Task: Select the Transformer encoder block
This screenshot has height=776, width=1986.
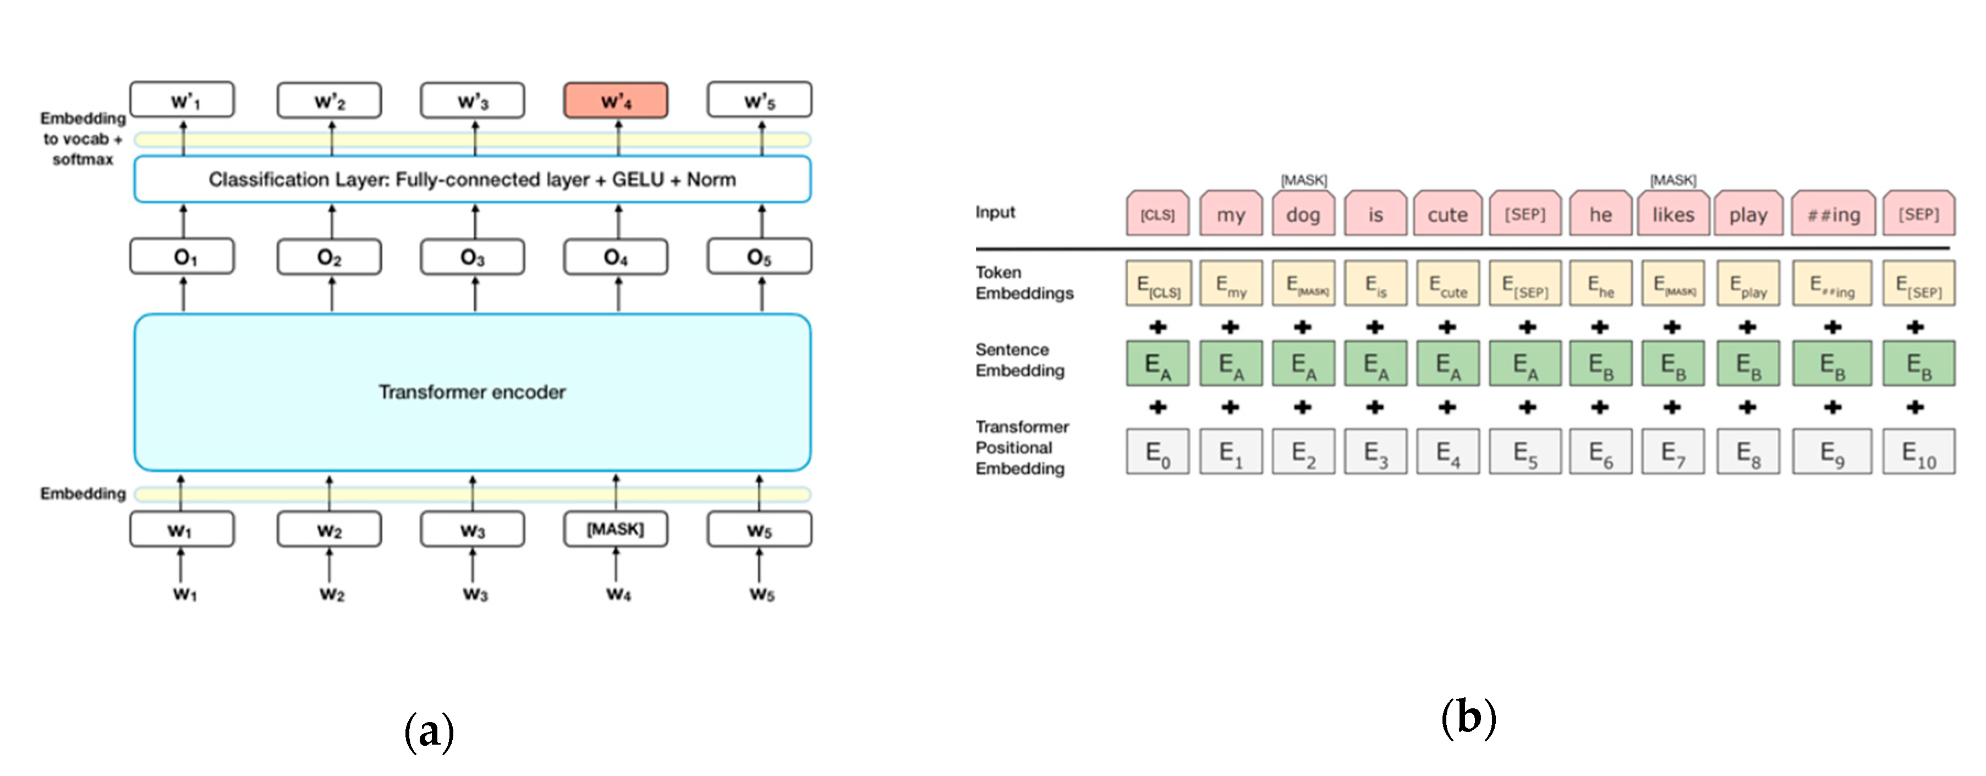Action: [x=472, y=392]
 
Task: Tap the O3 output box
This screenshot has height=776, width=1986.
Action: [x=472, y=257]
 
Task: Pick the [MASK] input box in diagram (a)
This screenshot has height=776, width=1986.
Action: [x=615, y=529]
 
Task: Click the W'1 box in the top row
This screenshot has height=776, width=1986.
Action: [x=183, y=100]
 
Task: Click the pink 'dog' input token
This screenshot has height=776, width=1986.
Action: [x=1303, y=215]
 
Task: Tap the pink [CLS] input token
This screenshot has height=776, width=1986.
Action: [x=1157, y=215]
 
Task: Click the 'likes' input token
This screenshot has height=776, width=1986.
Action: [x=1673, y=215]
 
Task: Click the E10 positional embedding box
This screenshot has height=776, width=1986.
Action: [x=1918, y=452]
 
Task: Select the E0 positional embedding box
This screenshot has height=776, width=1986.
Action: [x=1157, y=452]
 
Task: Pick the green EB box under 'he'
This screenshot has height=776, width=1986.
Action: [x=1600, y=363]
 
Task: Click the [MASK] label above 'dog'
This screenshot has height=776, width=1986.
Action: [x=1303, y=180]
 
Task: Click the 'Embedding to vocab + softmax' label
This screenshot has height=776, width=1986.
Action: [x=83, y=139]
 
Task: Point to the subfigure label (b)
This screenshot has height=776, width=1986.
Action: [x=1468, y=717]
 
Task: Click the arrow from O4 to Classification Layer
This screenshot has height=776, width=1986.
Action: [x=618, y=221]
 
